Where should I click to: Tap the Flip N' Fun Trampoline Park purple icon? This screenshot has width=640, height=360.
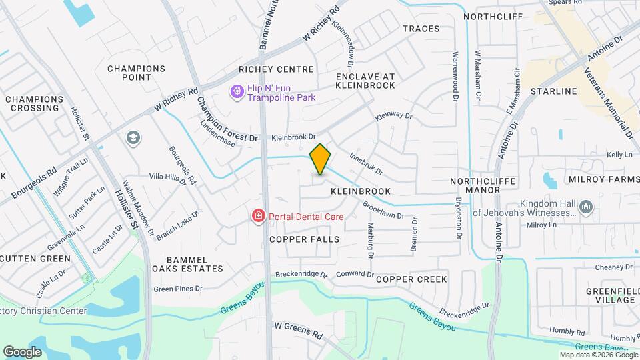click(x=237, y=91)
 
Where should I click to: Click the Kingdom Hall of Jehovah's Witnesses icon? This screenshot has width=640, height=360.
click(x=587, y=207)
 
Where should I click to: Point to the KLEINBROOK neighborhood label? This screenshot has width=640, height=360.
click(x=361, y=191)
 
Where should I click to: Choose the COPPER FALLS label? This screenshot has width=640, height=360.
click(x=305, y=239)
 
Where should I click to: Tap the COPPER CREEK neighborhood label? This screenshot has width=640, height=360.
click(x=411, y=279)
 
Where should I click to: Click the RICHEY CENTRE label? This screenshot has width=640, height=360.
click(x=277, y=69)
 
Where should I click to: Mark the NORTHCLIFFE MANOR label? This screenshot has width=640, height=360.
click(x=475, y=185)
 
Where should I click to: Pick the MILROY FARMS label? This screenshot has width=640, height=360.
click(x=600, y=180)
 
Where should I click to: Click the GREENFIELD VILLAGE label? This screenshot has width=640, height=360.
click(x=610, y=295)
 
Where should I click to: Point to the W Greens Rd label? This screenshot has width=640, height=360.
click(x=299, y=327)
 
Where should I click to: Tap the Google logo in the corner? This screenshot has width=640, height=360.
click(x=22, y=351)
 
